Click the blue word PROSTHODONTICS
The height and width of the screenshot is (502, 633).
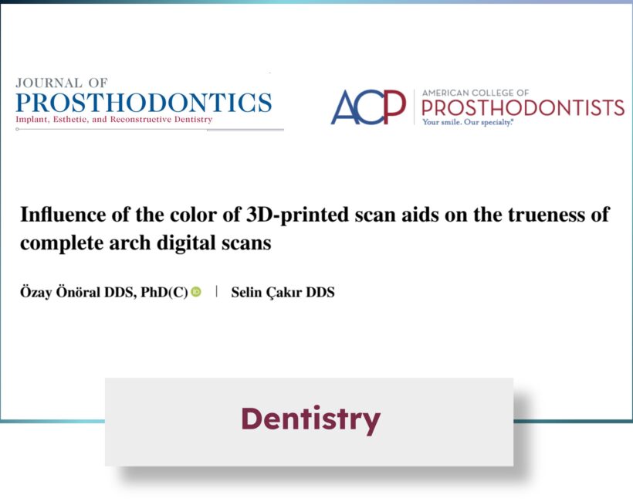tap(144, 103)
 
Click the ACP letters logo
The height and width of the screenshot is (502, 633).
tap(368, 107)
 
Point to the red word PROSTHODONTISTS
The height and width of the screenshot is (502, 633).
tap(523, 108)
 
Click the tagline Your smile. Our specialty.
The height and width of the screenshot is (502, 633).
tap(468, 122)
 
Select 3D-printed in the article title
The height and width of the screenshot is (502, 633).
tap(297, 215)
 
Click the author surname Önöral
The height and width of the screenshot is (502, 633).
tap(77, 292)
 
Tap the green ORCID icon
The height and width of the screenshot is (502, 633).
tap(196, 292)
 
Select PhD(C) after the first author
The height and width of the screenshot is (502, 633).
tap(164, 292)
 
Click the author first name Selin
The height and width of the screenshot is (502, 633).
tap(246, 292)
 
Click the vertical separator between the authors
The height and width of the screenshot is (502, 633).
tap(217, 291)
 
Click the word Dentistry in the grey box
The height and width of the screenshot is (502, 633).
tap(311, 420)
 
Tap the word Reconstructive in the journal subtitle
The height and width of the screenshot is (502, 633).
tap(161, 120)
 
